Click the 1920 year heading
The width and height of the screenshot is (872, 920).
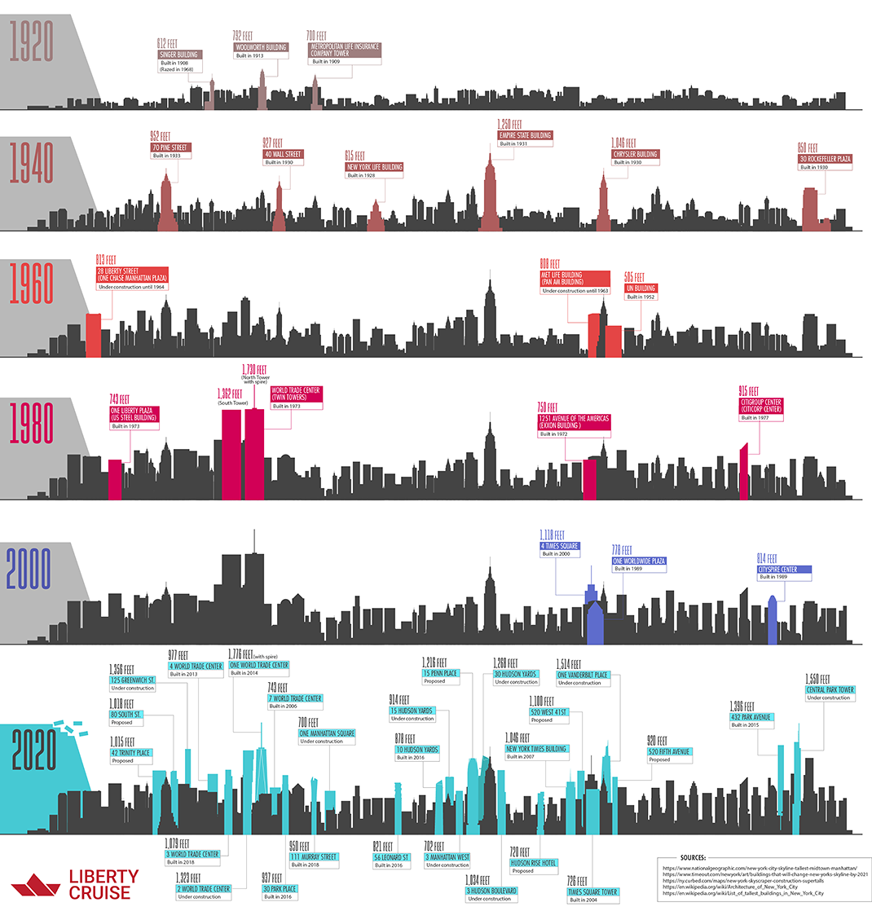point(31,42)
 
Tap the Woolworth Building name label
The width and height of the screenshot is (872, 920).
point(261,47)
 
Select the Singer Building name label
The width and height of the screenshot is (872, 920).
point(179,55)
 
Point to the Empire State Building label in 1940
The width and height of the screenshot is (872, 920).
point(525,135)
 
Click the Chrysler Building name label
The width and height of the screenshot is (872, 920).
point(635,154)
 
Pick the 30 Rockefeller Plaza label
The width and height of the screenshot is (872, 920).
point(825,159)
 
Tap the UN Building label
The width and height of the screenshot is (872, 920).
point(641,288)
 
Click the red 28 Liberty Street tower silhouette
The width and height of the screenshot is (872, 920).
point(94,335)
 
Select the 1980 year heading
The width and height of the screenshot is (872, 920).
point(31,422)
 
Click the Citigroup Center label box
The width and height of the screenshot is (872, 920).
point(760,405)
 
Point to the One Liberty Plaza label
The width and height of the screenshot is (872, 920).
point(134,413)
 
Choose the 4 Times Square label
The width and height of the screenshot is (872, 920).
point(560,546)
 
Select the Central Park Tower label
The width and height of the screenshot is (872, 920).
point(830,689)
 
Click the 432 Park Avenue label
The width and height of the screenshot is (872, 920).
point(751,717)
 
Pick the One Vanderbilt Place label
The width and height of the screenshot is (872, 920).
point(583,675)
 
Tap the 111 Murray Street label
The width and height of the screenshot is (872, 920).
point(313,856)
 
